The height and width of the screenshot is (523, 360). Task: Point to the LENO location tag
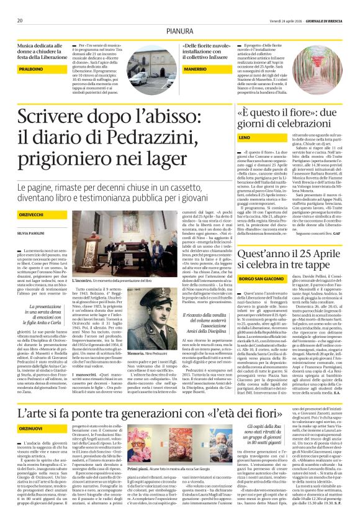(x=244, y=137)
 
